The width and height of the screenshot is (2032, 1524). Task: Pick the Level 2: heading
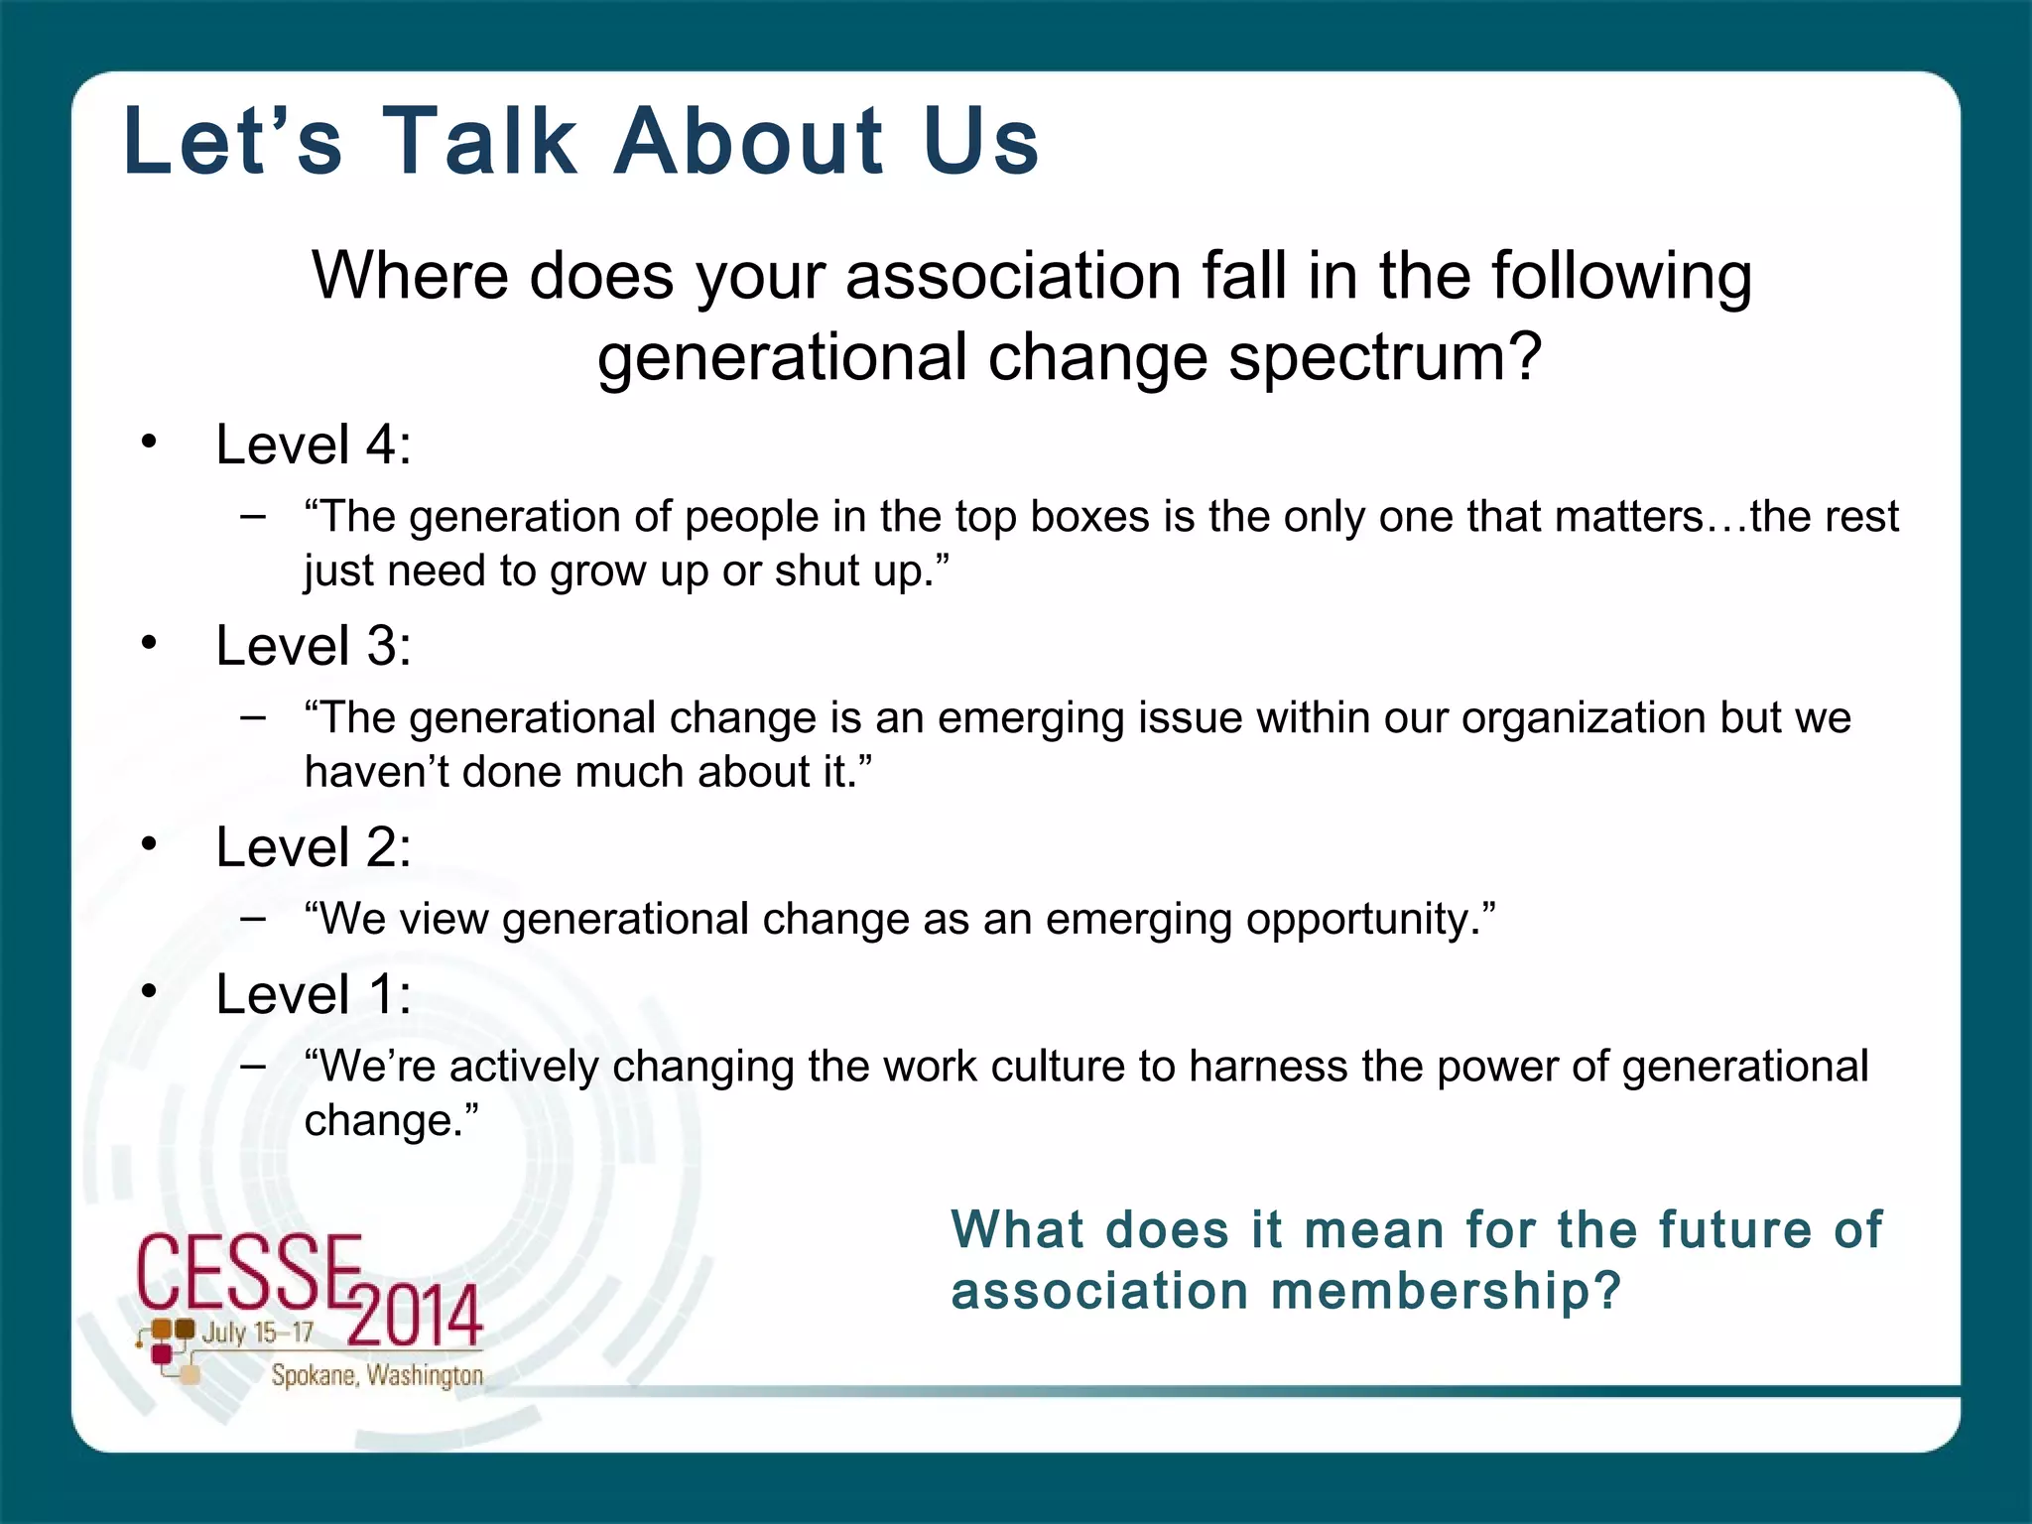[x=314, y=847]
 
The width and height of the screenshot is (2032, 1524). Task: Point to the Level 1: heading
[x=314, y=994]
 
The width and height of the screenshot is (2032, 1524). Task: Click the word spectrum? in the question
[x=1385, y=357]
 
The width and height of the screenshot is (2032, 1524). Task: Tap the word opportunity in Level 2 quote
[x=1369, y=920]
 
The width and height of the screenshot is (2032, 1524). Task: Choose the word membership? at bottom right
[x=1446, y=1292]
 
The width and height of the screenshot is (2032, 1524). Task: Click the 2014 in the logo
[x=415, y=1316]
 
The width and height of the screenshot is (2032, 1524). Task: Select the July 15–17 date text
[x=257, y=1333]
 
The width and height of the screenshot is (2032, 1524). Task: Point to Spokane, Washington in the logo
[x=377, y=1375]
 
